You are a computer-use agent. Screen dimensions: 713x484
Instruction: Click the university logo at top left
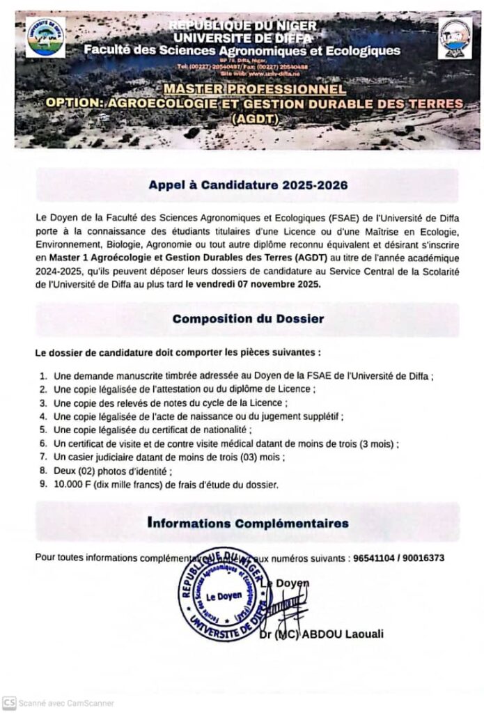click(45, 37)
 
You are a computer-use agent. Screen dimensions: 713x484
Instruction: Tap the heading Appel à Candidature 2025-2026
click(247, 186)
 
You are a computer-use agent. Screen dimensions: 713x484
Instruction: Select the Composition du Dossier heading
click(247, 319)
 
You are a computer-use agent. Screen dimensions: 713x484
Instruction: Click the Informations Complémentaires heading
click(248, 522)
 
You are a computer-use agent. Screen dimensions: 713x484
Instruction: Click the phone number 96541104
click(375, 558)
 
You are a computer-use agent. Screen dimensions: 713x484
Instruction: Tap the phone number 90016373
click(424, 558)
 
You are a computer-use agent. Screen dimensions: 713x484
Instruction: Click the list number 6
click(42, 443)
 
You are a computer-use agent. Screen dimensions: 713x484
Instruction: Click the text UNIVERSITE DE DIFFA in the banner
click(242, 38)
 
